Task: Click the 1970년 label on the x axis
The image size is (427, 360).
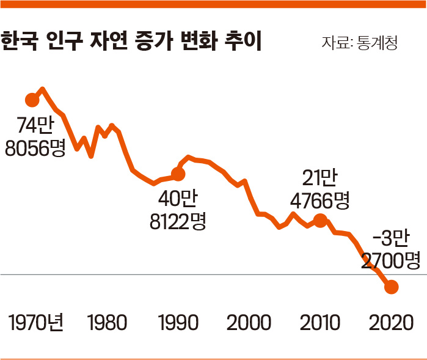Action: (37, 322)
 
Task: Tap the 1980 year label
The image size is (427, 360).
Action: (107, 322)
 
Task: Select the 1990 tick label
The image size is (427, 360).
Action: (177, 322)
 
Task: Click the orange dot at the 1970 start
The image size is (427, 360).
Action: (33, 100)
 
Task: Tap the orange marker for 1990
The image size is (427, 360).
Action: (178, 174)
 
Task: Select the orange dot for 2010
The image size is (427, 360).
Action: (319, 220)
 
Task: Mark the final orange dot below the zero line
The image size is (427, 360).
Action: (391, 286)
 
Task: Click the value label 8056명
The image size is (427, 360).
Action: (35, 147)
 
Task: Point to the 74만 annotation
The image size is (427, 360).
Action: (35, 125)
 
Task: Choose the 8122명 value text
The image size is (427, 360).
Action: (178, 221)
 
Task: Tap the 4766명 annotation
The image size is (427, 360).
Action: (319, 200)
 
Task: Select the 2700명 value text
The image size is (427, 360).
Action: (391, 261)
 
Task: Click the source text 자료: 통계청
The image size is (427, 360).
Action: (360, 43)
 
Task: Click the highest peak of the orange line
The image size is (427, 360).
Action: (42, 89)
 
